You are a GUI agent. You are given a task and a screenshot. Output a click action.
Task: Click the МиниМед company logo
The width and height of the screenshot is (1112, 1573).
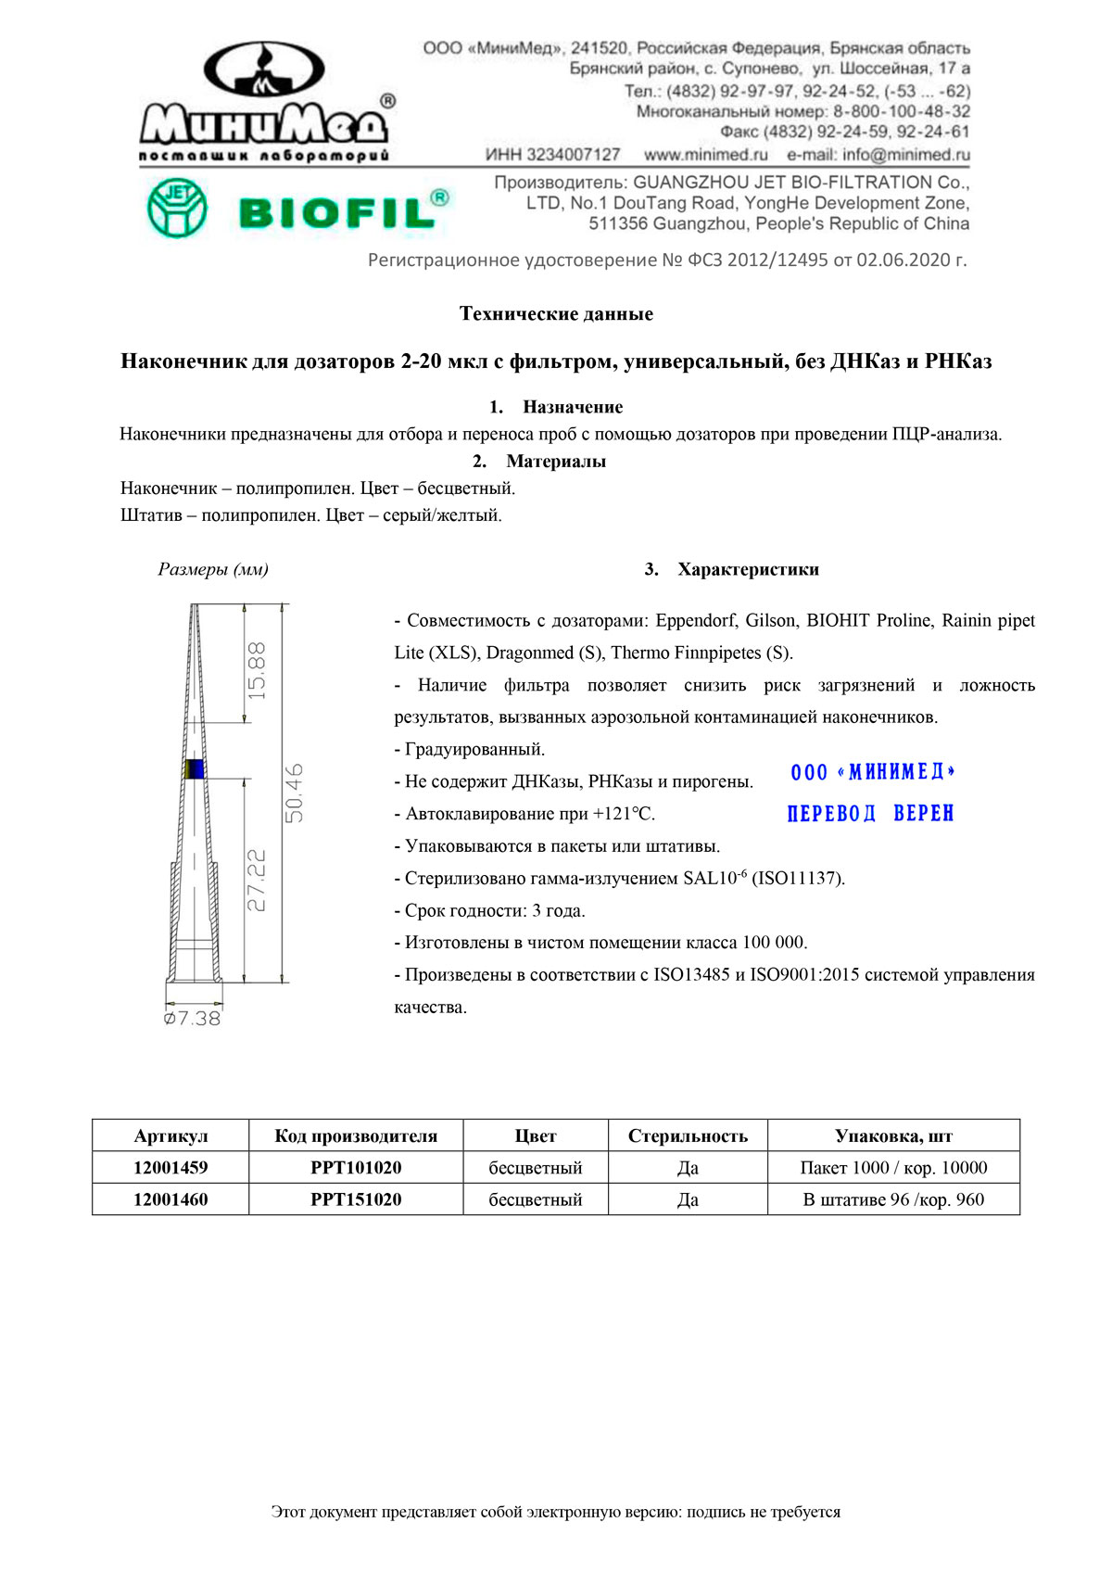tap(265, 102)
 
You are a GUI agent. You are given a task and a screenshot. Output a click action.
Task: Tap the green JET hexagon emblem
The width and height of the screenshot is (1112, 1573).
tap(177, 209)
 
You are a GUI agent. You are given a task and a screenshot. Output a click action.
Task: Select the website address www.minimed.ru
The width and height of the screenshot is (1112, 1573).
tap(705, 155)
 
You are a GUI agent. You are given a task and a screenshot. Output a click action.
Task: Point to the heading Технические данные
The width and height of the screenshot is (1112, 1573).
tap(556, 313)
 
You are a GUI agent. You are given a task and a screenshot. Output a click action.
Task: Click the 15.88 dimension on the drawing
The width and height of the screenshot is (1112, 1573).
tap(257, 670)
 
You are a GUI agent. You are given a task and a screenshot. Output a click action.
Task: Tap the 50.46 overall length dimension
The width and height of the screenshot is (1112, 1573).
tap(294, 793)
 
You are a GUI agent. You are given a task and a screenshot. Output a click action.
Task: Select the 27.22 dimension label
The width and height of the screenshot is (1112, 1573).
tap(257, 880)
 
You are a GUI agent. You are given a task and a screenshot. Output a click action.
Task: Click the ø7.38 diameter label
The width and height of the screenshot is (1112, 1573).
tap(193, 1018)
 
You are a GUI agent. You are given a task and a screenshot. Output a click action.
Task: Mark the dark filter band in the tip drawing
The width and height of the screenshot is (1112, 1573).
tap(195, 768)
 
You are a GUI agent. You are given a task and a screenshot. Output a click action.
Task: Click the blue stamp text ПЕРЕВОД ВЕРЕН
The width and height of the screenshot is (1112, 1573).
tap(870, 813)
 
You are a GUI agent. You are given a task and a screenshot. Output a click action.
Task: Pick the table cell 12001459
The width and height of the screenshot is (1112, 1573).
tap(171, 1167)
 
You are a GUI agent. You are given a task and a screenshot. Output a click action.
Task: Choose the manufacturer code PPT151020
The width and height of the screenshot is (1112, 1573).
tap(356, 1199)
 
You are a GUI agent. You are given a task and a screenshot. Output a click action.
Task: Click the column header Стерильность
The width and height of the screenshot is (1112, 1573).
tap(688, 1135)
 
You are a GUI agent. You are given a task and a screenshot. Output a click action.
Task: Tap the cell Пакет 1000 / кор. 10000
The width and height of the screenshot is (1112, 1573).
tap(893, 1167)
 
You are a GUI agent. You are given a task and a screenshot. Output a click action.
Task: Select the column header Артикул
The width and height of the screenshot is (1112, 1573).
tap(171, 1135)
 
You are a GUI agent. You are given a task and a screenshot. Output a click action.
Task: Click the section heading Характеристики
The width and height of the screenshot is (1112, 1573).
tap(747, 569)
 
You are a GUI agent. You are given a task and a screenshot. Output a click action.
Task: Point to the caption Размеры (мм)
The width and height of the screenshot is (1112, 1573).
tap(213, 569)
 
